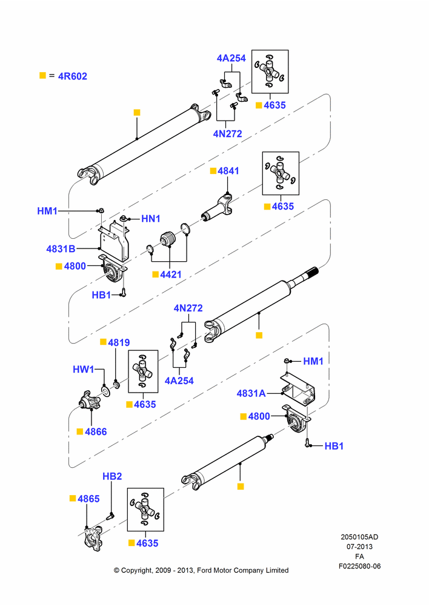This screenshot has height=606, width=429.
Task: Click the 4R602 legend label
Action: [x=72, y=76]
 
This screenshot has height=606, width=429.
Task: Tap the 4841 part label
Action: [x=228, y=171]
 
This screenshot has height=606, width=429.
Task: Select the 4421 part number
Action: [x=170, y=275]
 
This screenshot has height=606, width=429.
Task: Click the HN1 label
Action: [x=151, y=219]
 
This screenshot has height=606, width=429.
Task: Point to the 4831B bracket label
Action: [x=61, y=249]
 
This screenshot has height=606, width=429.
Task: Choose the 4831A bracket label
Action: [x=251, y=393]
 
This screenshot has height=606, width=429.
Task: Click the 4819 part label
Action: [x=119, y=342]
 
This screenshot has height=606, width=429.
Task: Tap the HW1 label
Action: [x=84, y=370]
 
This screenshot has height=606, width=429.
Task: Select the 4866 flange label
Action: [x=96, y=431]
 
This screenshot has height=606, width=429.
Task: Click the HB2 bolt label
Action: [x=112, y=476]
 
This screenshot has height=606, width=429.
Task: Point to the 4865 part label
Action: [x=88, y=499]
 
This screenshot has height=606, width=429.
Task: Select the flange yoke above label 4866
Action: [x=90, y=401]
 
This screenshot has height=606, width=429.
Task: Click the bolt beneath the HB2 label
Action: [x=110, y=516]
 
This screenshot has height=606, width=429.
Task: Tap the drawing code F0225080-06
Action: [x=359, y=566]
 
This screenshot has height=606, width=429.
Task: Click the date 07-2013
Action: [x=359, y=547]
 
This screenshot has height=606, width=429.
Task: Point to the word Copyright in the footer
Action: [x=136, y=570]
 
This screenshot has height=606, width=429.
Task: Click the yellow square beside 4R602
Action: [x=43, y=75]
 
